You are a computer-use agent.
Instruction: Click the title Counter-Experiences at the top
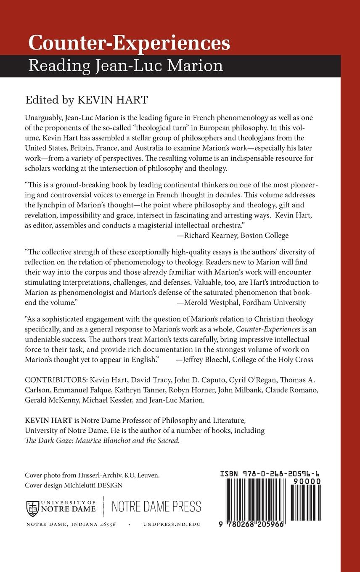[129, 43]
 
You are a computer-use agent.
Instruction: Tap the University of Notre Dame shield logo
[33, 508]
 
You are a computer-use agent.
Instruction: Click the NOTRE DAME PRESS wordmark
[156, 507]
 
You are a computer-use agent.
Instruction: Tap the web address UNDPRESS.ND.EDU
[172, 524]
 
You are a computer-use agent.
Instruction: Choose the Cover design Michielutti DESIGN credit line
[74, 485]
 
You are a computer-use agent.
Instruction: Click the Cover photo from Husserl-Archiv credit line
[92, 475]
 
